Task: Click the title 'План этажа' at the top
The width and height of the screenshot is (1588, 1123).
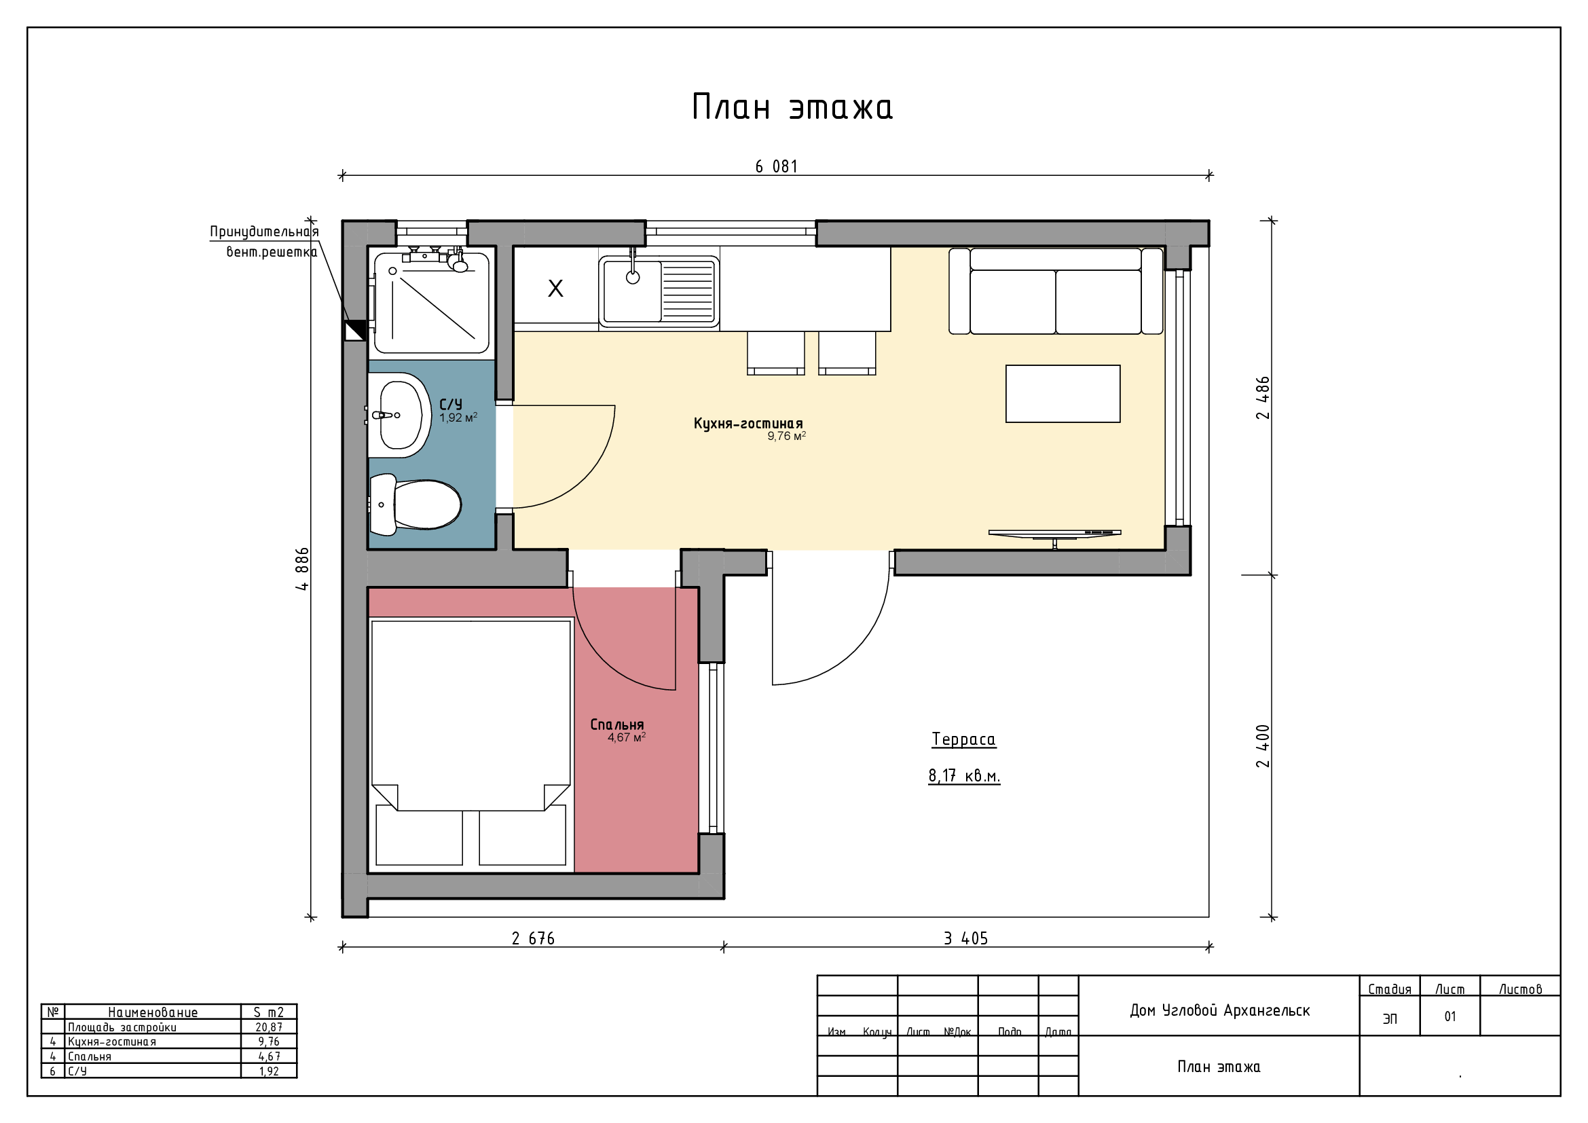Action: [x=792, y=108]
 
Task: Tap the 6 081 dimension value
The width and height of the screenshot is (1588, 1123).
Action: [x=776, y=166]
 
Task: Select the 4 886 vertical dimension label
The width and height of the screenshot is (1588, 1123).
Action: [x=302, y=568]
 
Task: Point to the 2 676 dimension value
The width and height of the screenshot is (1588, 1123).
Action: [x=532, y=938]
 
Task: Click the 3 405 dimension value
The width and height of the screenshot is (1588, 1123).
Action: [x=965, y=938]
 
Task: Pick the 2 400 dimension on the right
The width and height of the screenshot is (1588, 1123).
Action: [x=1263, y=745]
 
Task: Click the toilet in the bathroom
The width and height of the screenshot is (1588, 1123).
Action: [x=415, y=504]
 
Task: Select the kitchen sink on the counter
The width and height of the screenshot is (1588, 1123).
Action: [x=659, y=291]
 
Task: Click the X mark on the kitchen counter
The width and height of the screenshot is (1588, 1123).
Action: [x=555, y=289]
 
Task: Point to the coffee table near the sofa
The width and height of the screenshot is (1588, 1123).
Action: [x=1063, y=394]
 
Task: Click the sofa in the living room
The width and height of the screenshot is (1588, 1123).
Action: [x=1056, y=291]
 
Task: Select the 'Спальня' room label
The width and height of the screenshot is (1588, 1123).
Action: [x=617, y=724]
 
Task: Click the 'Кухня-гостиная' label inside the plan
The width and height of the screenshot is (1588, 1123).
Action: [x=748, y=423]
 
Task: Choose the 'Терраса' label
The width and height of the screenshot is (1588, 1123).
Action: [x=963, y=739]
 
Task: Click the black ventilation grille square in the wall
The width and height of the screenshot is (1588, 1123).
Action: [x=355, y=331]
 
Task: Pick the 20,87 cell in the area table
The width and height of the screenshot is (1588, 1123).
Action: [x=268, y=1027]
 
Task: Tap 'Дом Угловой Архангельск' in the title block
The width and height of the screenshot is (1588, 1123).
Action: [x=1219, y=1010]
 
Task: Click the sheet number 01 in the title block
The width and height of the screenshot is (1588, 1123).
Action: [x=1449, y=1016]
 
